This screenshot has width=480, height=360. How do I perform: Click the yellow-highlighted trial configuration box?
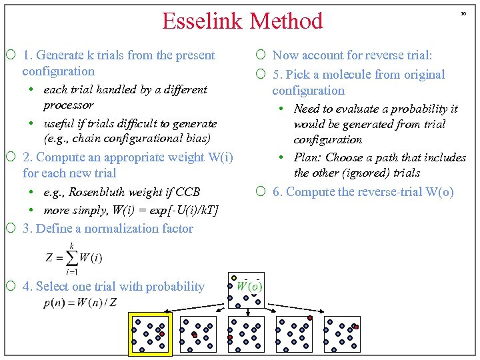click(x=150, y=334)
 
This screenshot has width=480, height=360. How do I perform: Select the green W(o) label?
click(x=249, y=286)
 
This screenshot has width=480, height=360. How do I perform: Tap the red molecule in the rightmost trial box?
click(x=355, y=327)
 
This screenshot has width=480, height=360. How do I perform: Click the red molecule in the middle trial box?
click(x=230, y=337)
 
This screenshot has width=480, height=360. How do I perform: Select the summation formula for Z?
click(x=73, y=257)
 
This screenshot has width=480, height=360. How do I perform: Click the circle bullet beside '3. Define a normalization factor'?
click(x=12, y=229)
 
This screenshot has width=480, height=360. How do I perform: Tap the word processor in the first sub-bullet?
click(x=68, y=105)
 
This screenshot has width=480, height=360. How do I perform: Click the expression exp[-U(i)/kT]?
click(x=181, y=210)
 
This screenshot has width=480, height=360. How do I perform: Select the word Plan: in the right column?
click(x=309, y=157)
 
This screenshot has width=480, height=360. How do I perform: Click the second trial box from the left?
click(x=198, y=334)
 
